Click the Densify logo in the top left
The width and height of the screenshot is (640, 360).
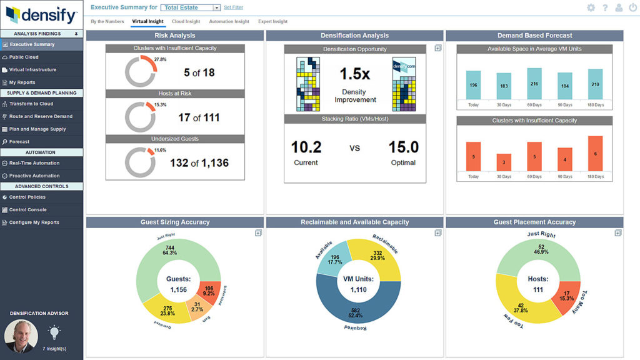(41, 14)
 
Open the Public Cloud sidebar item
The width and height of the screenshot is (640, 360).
(24, 57)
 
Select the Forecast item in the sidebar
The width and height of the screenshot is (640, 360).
(19, 142)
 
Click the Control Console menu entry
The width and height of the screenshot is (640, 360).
(27, 210)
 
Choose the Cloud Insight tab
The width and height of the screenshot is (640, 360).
(186, 22)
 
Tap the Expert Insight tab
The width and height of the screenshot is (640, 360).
(272, 22)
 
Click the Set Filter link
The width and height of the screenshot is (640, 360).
(233, 7)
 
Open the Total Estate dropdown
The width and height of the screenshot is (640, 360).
(191, 7)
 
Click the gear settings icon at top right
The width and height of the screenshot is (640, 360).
(591, 7)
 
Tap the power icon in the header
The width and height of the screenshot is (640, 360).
(632, 7)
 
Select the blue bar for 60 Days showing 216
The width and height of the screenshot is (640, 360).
(534, 84)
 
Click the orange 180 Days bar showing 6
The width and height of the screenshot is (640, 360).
(595, 154)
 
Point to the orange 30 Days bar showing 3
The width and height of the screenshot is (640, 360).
(504, 162)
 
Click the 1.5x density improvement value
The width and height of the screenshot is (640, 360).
(354, 74)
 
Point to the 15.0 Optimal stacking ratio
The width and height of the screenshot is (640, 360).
(403, 147)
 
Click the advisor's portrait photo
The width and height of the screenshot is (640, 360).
(21, 336)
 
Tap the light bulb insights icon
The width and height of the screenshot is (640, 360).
(54, 332)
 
